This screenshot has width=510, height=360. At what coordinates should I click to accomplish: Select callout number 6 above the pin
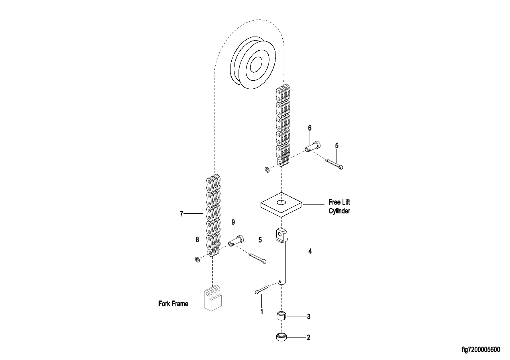point(310,128)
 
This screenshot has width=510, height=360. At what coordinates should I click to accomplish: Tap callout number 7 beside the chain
point(182,214)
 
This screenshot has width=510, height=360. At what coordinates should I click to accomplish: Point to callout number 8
point(197,239)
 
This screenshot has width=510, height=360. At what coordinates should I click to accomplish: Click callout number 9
point(233,222)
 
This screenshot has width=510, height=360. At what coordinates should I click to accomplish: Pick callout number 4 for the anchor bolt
point(310,252)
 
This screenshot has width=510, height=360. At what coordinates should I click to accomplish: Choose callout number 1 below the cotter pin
point(262,311)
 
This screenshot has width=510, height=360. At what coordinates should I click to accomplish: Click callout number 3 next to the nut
point(308,317)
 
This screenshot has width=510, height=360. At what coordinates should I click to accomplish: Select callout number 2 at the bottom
point(308,337)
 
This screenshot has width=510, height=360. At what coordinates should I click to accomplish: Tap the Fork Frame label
point(173,304)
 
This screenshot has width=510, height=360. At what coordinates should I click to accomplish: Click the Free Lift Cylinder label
point(339,207)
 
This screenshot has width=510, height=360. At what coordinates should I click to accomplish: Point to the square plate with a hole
point(282,205)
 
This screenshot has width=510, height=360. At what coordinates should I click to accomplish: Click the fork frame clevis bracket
point(213,298)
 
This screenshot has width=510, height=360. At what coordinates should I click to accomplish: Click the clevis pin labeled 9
point(237,241)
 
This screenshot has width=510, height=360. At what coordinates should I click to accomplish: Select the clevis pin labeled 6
point(313,146)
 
